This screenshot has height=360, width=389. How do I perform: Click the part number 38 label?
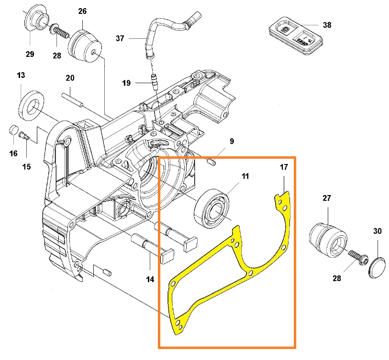pos(327,25)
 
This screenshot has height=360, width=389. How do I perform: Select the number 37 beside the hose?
pos(121,38)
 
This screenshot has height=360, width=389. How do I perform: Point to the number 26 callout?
pos(82,11)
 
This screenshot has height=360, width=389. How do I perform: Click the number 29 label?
pos(30,54)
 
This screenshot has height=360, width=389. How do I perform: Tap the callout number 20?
pos(70,78)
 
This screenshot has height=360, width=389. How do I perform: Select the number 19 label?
pos(126,83)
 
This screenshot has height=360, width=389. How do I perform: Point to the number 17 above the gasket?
pos(284,167)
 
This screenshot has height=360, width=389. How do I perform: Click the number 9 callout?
pos(232,141)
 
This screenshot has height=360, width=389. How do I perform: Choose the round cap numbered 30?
pos(378,266)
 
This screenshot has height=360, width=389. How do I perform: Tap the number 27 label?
pos(327,198)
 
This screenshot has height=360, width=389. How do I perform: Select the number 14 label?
pos(150,279)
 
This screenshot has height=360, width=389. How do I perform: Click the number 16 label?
pos(13,153)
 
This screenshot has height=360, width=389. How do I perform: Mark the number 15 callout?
pos(26,166)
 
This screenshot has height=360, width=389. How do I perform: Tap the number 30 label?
pos(378,231)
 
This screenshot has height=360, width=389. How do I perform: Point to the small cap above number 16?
pos(14,131)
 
